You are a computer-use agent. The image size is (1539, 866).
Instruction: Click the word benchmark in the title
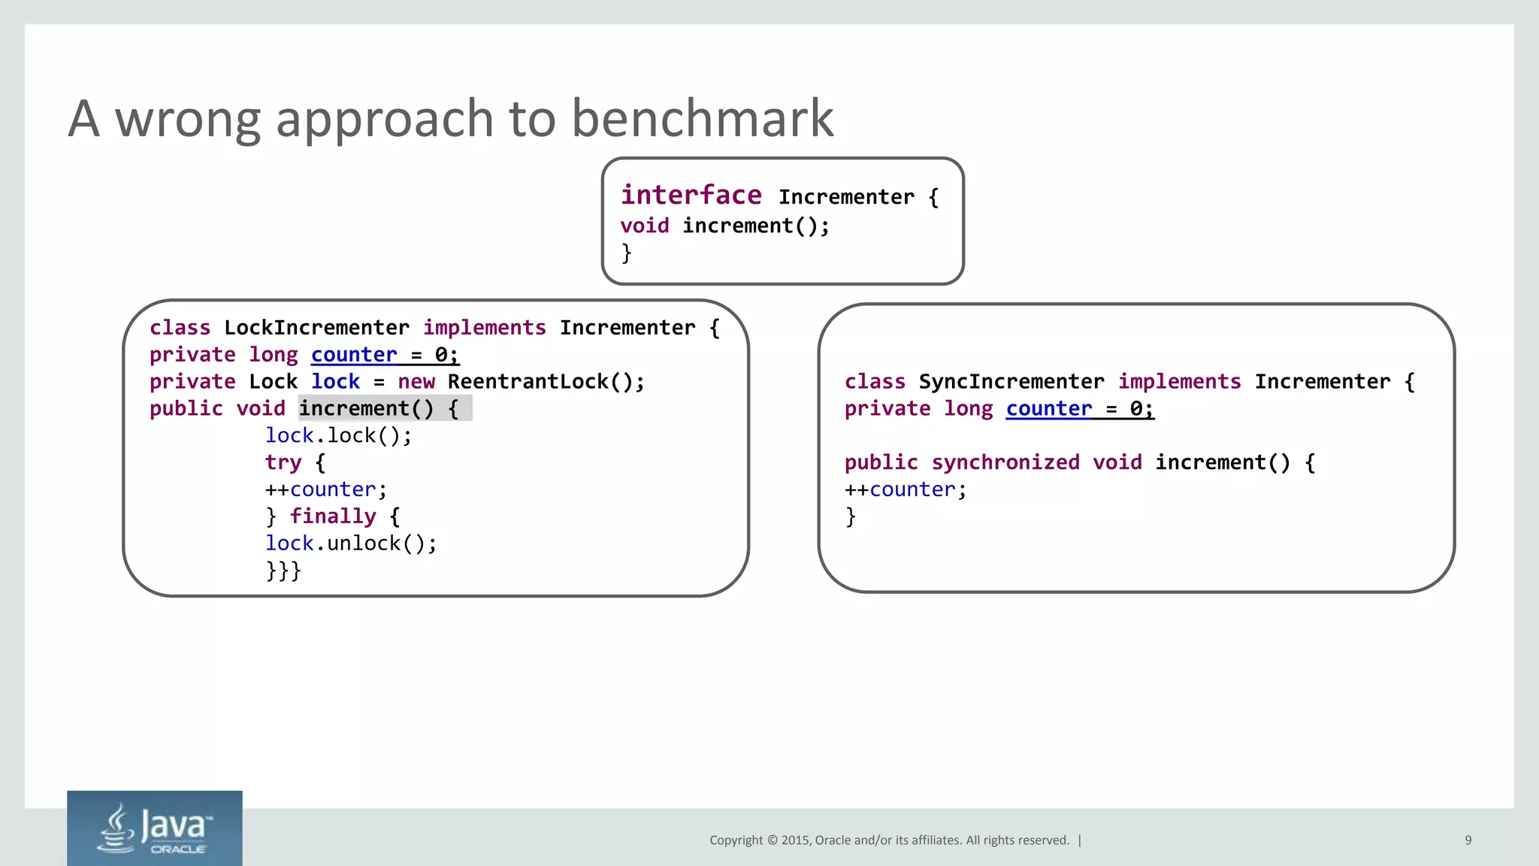coord(702,119)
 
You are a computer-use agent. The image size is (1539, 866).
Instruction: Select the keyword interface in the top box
coord(691,195)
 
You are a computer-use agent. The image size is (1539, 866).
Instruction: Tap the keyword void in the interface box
coord(644,226)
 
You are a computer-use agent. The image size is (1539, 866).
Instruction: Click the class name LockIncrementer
coord(316,328)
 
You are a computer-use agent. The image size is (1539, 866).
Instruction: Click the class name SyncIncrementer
coord(1011,382)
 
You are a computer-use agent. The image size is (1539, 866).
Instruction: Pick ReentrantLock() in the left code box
coord(546,382)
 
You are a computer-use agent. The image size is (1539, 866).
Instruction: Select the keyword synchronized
coord(1005,462)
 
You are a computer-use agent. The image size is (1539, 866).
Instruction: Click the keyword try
coord(283,462)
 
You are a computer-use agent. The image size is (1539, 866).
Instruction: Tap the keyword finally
coord(333,516)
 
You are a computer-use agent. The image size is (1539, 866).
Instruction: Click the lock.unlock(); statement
coord(350,544)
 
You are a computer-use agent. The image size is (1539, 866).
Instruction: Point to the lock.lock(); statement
coord(338,436)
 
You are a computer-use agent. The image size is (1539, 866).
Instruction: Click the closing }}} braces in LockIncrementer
coord(283,571)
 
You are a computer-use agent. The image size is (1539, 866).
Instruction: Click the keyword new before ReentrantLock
coord(416,382)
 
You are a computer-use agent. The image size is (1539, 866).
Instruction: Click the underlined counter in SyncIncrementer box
coord(1048,409)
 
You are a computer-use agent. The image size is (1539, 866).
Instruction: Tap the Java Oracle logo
coord(154,828)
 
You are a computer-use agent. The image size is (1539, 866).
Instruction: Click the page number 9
coord(1468,840)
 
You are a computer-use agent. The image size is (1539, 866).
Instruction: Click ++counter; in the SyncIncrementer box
coord(905,489)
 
